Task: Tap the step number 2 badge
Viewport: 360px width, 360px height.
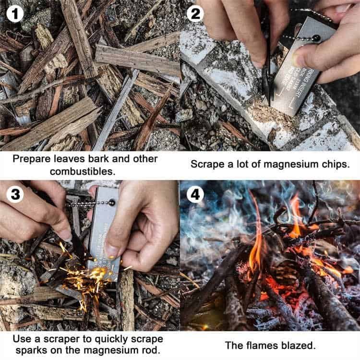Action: pyautogui.click(x=195, y=14)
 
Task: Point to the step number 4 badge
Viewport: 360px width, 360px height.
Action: pyautogui.click(x=195, y=195)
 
